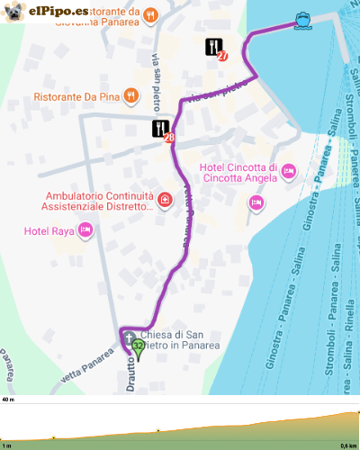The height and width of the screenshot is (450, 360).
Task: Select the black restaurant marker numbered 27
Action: (x=214, y=48)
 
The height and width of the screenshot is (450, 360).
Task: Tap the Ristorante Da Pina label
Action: (x=77, y=94)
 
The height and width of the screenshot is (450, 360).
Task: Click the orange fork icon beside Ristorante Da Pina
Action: (x=131, y=94)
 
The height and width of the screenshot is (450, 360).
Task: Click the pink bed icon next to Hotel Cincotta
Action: (x=289, y=169)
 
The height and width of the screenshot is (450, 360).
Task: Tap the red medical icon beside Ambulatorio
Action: (x=164, y=199)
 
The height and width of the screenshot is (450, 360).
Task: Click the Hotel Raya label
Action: (x=49, y=232)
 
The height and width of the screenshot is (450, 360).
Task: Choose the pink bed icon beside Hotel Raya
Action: (x=85, y=231)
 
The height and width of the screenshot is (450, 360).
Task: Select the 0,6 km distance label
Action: (x=347, y=445)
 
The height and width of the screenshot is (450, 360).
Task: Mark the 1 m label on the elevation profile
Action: (x=6, y=445)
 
